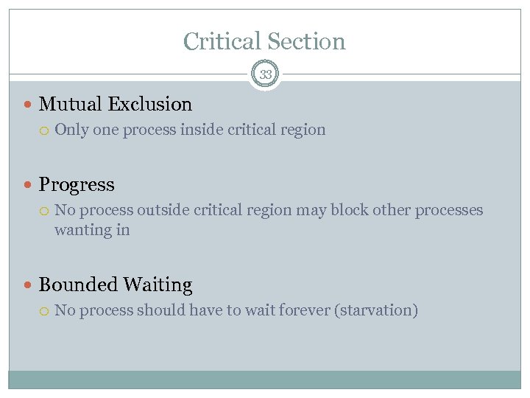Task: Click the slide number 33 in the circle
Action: tap(265, 74)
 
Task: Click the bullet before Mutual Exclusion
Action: tap(29, 105)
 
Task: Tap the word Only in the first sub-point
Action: tap(70, 130)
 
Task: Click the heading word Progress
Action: tap(77, 184)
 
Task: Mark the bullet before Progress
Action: tap(29, 185)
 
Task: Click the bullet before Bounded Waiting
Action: tap(29, 285)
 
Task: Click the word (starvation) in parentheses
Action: tap(376, 310)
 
